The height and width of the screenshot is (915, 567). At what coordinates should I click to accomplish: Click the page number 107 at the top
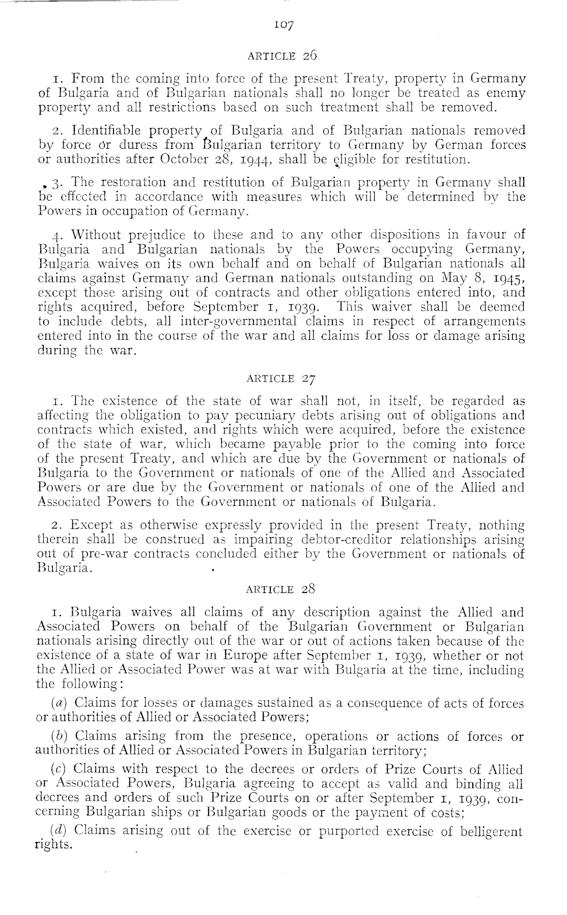[x=283, y=24]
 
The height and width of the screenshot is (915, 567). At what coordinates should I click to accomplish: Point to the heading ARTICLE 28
[x=282, y=589]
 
